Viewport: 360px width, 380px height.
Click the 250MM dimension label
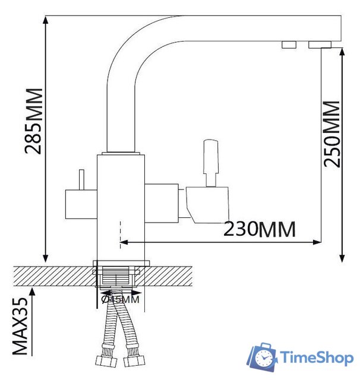[333, 134]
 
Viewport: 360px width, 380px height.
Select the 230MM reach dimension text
[259, 228]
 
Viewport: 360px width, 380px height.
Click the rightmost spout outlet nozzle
[320, 45]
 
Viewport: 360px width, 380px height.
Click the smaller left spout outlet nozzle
[289, 45]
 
